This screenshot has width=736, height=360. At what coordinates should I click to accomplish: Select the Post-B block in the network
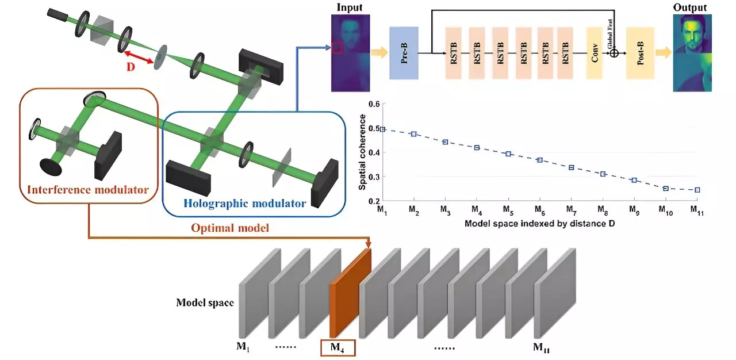(640, 53)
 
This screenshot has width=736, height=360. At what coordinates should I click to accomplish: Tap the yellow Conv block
(594, 53)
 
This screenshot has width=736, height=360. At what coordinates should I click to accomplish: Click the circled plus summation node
(614, 53)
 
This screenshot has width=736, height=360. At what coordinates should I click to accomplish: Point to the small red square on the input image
(338, 48)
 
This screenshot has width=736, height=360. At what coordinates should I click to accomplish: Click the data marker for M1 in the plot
(382, 129)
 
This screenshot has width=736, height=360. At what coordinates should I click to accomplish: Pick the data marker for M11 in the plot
(697, 190)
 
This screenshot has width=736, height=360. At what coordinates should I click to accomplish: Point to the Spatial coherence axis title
(363, 152)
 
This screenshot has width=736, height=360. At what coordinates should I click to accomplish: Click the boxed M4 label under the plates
(338, 347)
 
